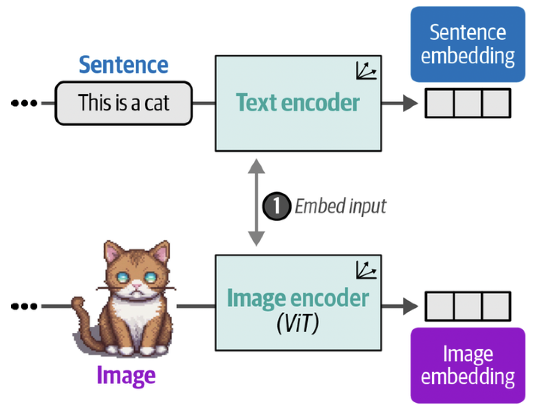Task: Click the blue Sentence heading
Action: (124, 65)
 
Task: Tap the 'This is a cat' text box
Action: (124, 103)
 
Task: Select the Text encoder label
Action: (298, 103)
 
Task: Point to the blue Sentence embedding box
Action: (467, 44)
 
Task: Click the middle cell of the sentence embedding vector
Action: (468, 103)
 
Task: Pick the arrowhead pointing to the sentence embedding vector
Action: (410, 103)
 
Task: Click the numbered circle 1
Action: (276, 206)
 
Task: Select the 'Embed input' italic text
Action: (340, 206)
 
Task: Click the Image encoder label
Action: (298, 298)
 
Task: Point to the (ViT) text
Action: (298, 323)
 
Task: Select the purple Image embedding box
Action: (467, 365)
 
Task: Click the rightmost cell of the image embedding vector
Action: (496, 306)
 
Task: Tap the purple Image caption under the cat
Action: (126, 375)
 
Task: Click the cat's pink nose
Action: (137, 286)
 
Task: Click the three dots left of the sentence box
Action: (24, 103)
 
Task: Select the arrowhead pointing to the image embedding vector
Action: (410, 306)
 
